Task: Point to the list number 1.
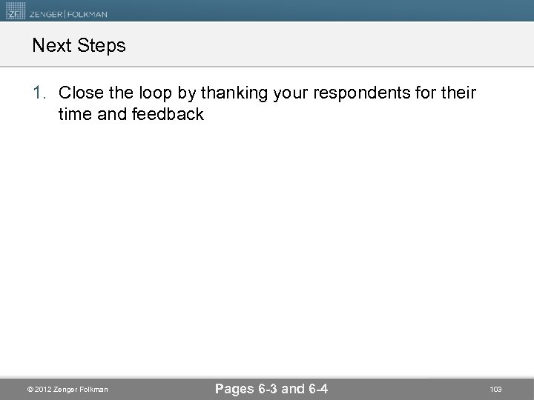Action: click(39, 94)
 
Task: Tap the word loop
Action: click(145, 94)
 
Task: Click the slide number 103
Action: click(495, 389)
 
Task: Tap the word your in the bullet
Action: click(286, 94)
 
